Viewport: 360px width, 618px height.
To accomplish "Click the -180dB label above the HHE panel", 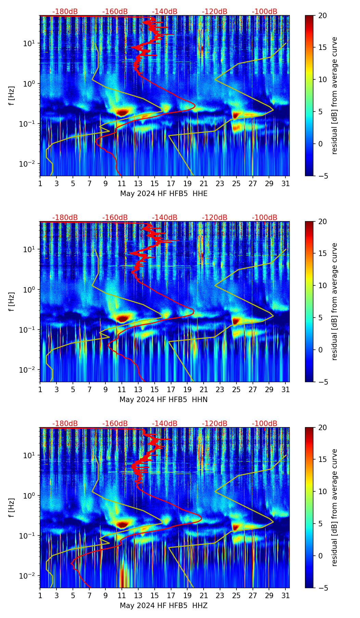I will click(x=65, y=12).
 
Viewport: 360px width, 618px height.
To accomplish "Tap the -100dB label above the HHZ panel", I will click(x=265, y=424).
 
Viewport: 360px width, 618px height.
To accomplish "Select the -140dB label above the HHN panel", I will click(x=165, y=218).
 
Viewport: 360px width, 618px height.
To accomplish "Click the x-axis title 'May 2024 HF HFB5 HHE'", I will click(x=164, y=194).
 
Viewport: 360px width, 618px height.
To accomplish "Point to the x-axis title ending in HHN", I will click(x=164, y=400).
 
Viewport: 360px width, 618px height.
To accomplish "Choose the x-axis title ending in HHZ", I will click(x=164, y=606).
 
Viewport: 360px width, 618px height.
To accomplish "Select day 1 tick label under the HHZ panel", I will click(x=40, y=596).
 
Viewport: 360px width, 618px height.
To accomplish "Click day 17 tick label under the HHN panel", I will click(x=171, y=390).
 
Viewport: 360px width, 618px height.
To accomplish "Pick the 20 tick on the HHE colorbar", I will click(x=322, y=15).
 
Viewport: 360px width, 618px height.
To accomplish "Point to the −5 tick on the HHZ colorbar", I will click(x=322, y=588).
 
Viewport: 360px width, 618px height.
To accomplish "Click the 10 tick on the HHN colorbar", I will click(x=322, y=285).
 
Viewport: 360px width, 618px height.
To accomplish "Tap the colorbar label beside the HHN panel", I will click(x=334, y=301).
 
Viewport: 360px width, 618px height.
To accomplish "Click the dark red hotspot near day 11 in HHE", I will click(x=122, y=112).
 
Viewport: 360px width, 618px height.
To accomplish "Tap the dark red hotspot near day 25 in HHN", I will click(x=235, y=321).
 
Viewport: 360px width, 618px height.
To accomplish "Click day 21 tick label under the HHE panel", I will click(x=204, y=184).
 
